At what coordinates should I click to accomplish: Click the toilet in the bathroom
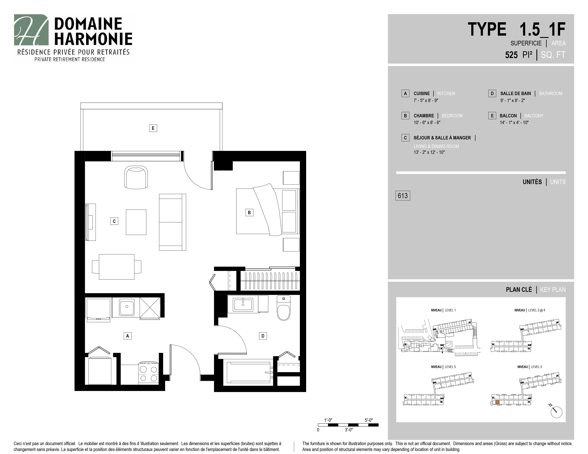(x=284, y=308)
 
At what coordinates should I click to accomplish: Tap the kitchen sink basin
(x=127, y=307)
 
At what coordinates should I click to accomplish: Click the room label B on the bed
(x=249, y=212)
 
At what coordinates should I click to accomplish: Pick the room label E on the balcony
(x=153, y=128)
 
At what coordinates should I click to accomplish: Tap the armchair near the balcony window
(x=136, y=177)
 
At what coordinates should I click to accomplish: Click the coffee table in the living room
(x=136, y=222)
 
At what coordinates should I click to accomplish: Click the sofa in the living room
(x=172, y=222)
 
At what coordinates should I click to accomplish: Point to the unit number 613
(x=403, y=195)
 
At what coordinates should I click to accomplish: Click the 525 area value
(x=511, y=55)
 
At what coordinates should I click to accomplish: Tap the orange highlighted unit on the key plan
(x=497, y=402)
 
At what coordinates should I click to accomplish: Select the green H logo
(x=31, y=30)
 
